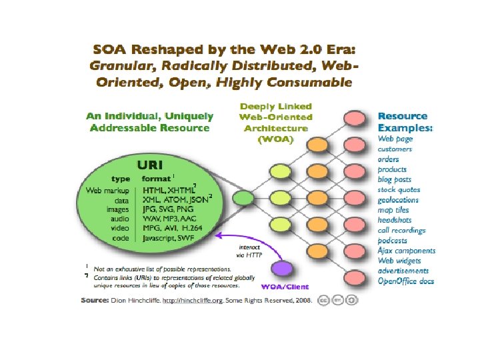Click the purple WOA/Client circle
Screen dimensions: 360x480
tap(282, 269)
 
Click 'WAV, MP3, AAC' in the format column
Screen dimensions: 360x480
tap(171, 218)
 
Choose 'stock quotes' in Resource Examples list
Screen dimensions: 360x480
tap(399, 189)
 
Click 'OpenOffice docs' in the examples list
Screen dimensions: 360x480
tap(406, 281)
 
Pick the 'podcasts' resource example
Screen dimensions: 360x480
tap(393, 240)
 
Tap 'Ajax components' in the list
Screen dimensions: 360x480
tap(407, 251)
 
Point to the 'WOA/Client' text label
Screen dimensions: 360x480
tap(285, 287)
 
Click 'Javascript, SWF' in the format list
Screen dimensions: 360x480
tap(171, 238)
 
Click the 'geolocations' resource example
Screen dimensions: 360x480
tap(399, 199)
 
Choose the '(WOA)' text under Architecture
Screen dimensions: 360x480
tap(275, 139)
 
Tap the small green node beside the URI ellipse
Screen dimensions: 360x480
tap(243, 197)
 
